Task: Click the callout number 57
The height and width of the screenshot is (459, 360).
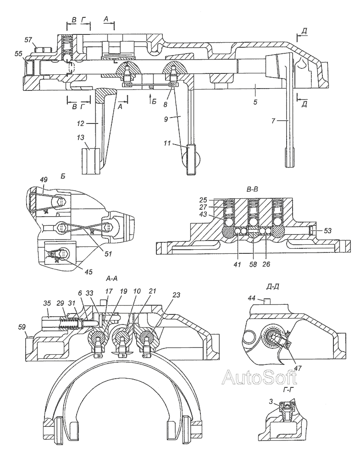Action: click(x=28, y=40)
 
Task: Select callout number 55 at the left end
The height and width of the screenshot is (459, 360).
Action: click(x=18, y=53)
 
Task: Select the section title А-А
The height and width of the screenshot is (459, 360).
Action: click(x=113, y=278)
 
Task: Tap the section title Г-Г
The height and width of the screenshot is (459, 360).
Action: click(x=289, y=389)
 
